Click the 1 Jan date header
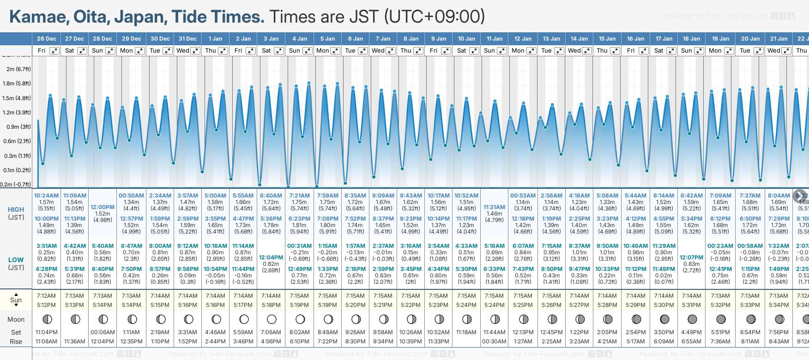215,39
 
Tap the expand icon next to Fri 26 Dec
54,51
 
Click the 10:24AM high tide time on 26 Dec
46,196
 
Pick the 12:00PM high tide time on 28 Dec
103,207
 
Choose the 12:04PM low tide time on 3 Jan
271,258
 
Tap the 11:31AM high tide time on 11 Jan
494,207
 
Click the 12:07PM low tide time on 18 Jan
692,258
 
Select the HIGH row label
16,210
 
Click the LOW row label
16,260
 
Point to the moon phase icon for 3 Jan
272,319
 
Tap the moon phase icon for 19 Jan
720,319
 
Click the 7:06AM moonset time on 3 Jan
271,332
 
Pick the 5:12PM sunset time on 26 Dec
46,305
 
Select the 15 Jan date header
608,39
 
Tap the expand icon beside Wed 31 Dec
195,51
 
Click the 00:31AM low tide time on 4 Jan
299,246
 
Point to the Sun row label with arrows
16,300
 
